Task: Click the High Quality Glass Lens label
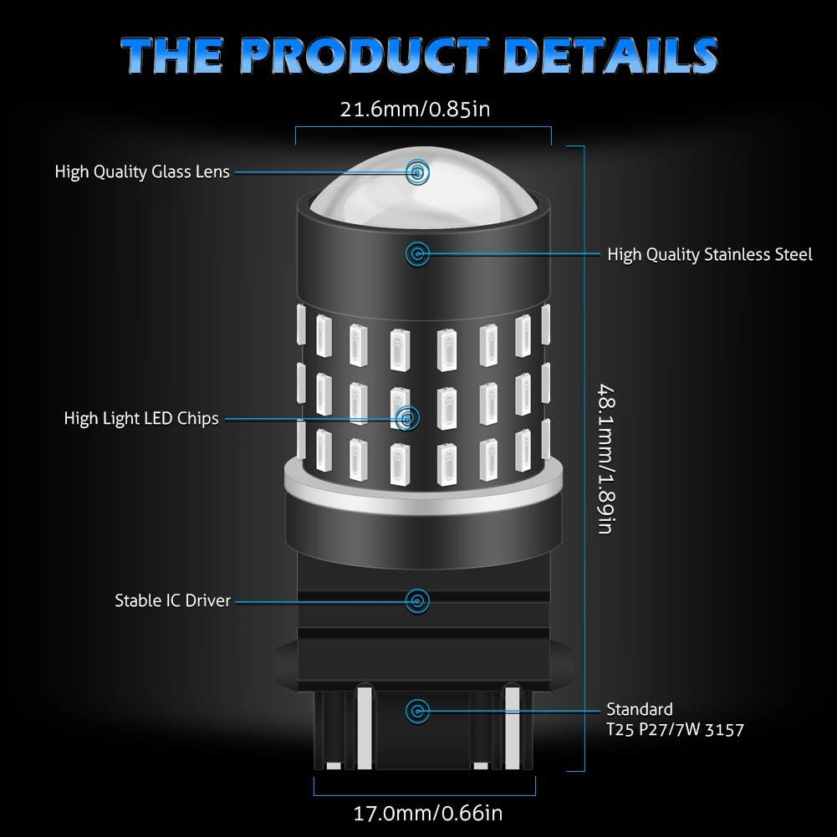(x=142, y=172)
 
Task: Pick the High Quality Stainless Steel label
(x=710, y=254)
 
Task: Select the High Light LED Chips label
(x=141, y=418)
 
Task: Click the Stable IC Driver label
(x=172, y=600)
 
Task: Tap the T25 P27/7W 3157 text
(x=676, y=730)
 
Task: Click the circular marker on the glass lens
(x=416, y=172)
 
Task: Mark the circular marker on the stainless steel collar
(x=416, y=253)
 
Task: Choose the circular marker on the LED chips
(x=407, y=416)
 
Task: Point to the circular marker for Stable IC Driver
(x=416, y=600)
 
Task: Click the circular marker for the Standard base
(x=416, y=711)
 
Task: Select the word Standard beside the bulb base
(x=641, y=710)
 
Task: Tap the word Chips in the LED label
(x=199, y=418)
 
